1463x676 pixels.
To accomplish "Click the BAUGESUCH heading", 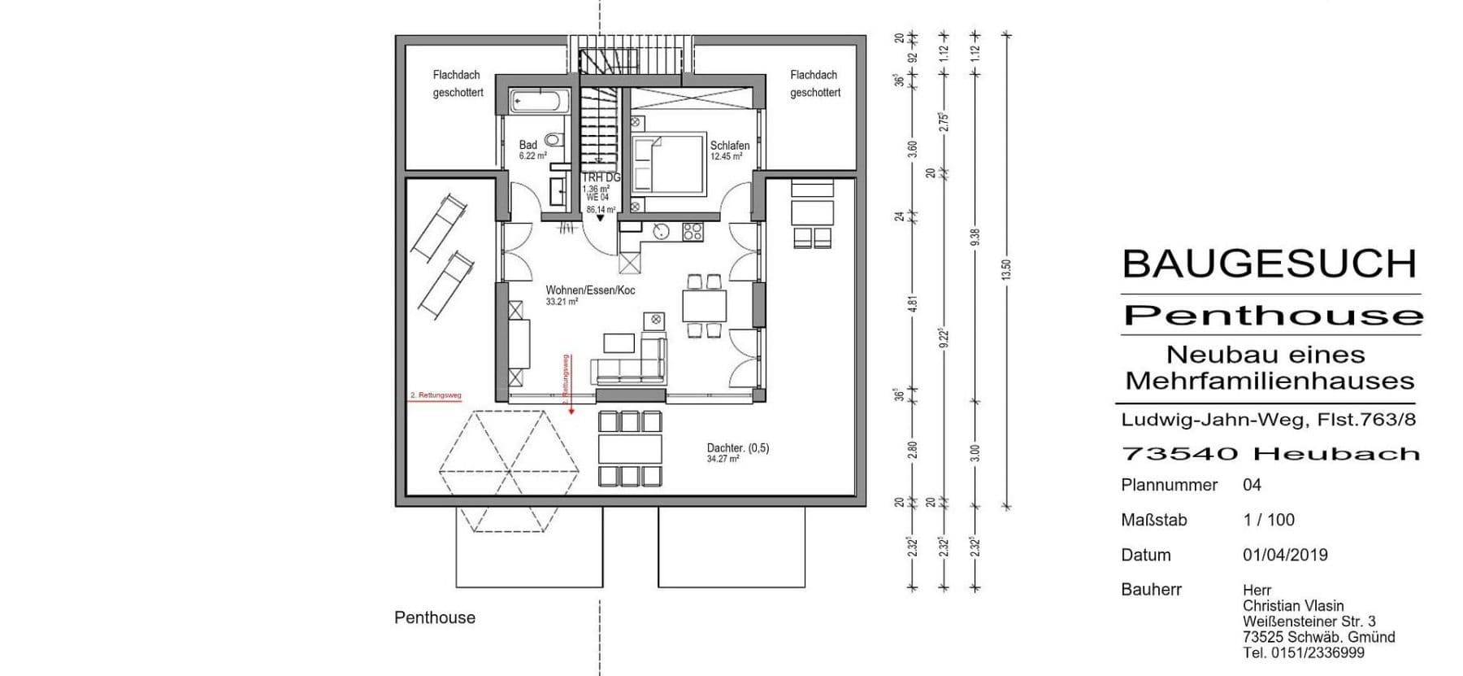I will click(x=1269, y=264).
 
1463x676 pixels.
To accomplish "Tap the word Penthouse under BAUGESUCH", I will click(x=1273, y=316).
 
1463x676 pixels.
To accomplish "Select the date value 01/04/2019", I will click(x=1285, y=555).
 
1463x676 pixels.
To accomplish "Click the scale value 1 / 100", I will click(x=1268, y=520).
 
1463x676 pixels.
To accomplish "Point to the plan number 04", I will click(x=1252, y=485).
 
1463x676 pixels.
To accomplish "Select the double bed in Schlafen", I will click(x=667, y=164).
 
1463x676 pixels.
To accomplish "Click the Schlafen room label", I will click(x=729, y=146).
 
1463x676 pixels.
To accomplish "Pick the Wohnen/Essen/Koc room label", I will click(x=590, y=290).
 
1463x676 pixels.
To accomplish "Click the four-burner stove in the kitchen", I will click(x=692, y=231).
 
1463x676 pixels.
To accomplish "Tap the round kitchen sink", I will click(x=662, y=231).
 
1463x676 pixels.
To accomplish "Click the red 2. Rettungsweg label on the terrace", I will click(x=436, y=395).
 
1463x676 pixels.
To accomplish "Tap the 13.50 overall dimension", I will click(x=1006, y=269).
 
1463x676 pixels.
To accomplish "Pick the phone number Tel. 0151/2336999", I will click(x=1303, y=652).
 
